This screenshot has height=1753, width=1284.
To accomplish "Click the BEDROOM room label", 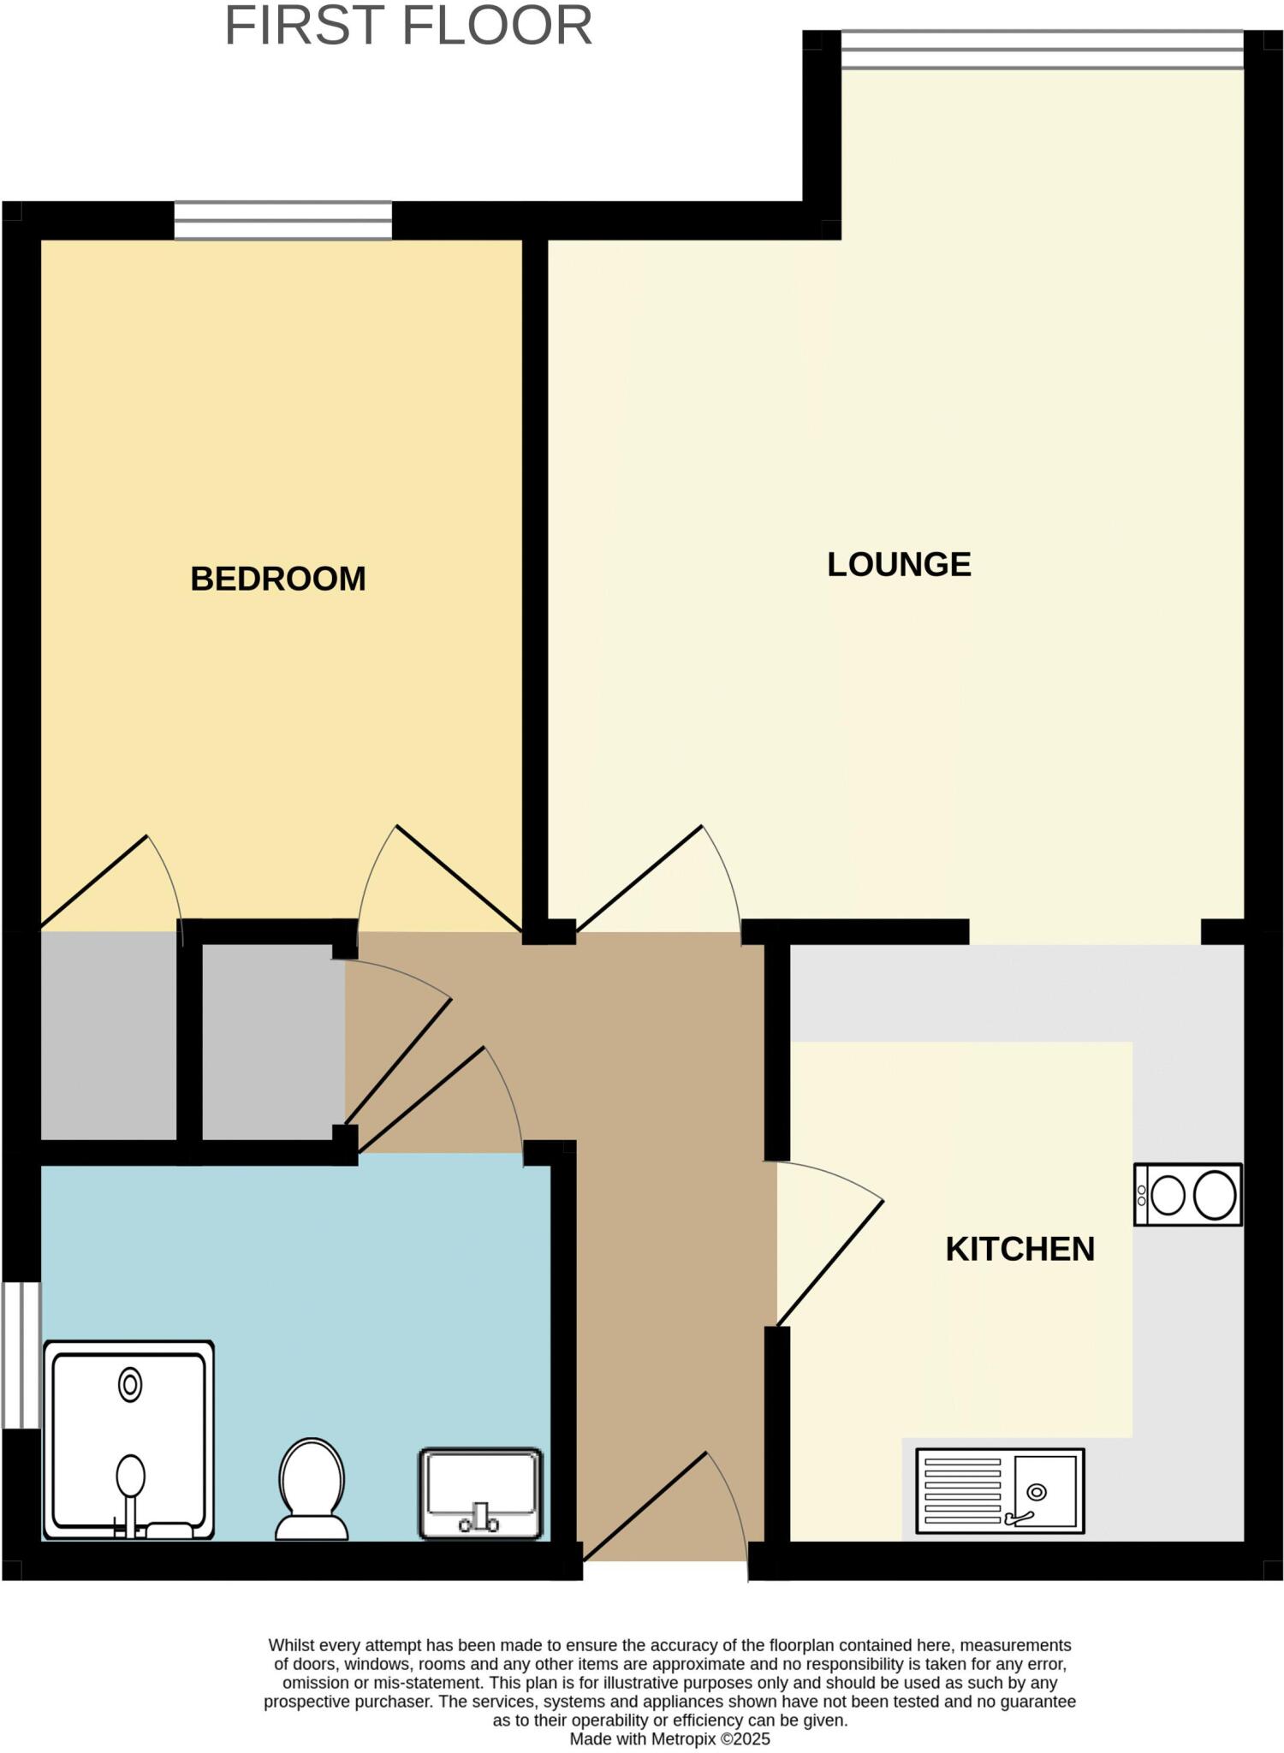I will (277, 579).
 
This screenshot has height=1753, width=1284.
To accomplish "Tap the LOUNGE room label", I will (899, 565).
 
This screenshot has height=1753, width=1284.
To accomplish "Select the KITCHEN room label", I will (1019, 1250).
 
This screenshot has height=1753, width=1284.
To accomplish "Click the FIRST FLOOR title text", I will (407, 26).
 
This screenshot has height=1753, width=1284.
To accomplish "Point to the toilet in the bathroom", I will (312, 1489).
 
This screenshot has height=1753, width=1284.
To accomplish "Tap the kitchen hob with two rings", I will (1187, 1194).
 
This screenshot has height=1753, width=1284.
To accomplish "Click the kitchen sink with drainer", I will (1000, 1490).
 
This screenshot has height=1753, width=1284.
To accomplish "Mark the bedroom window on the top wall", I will (283, 220).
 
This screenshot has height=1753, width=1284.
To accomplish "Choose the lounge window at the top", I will (1042, 49).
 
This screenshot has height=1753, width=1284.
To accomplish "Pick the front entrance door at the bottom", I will (666, 1515).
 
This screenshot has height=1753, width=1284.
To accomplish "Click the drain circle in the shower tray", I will (130, 1384).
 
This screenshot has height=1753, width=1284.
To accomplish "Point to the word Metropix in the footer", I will (684, 1738).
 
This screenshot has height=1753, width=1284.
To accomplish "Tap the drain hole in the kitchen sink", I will (1037, 1492).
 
